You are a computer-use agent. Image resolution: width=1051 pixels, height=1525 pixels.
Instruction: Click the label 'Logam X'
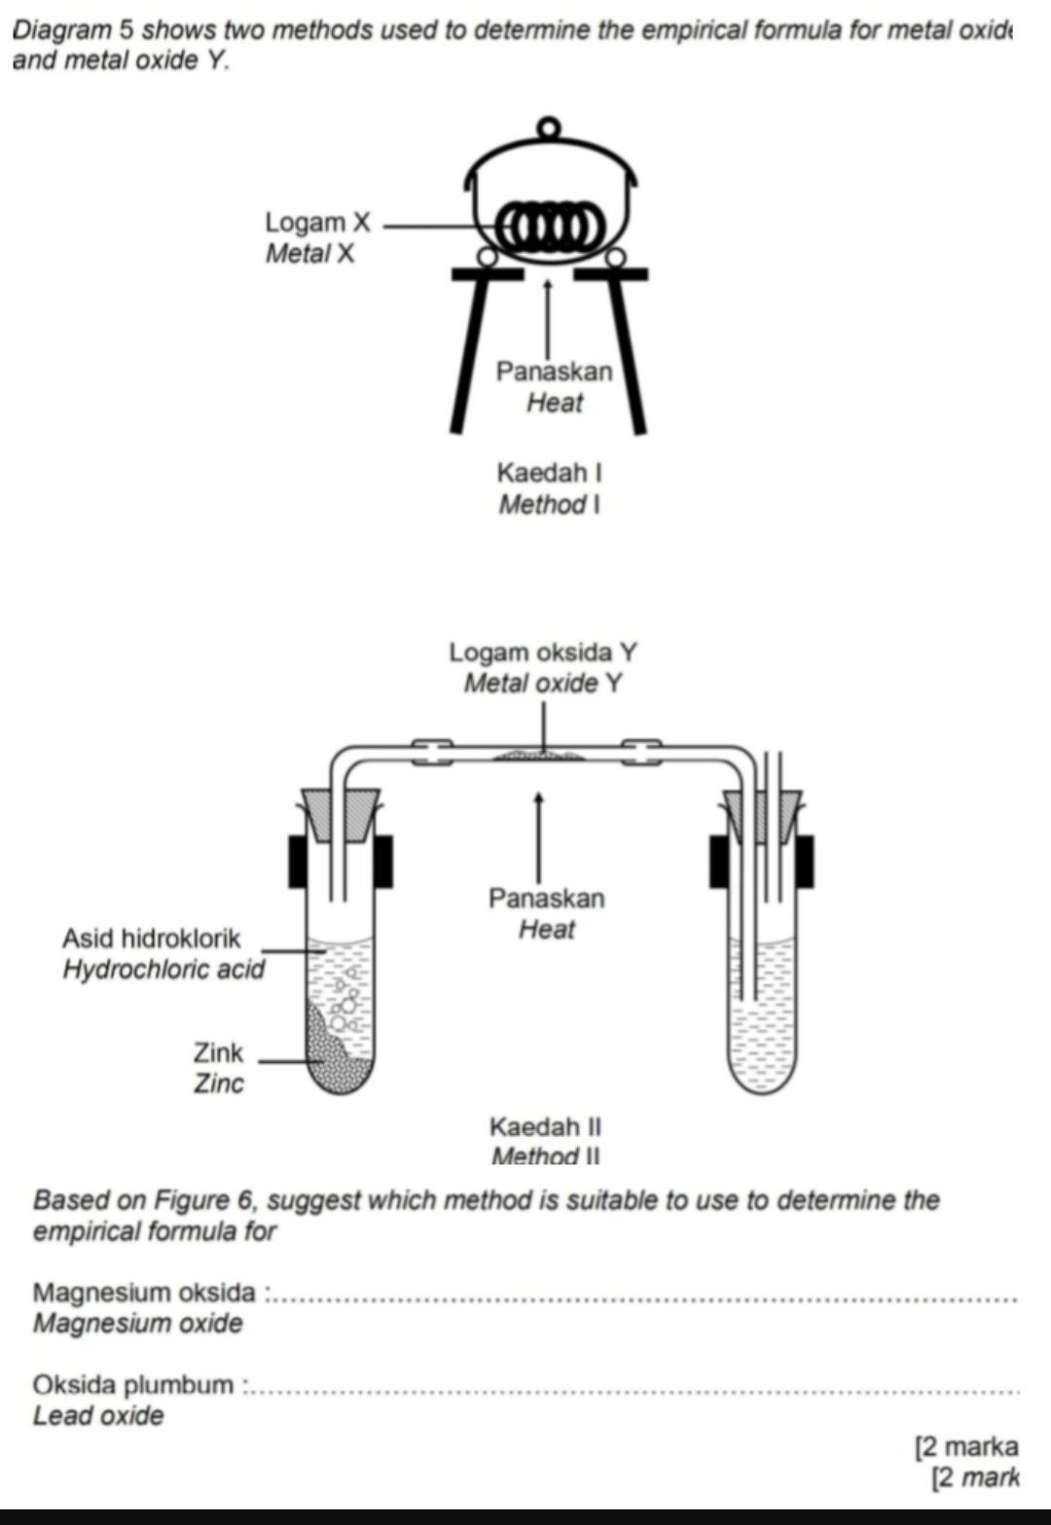click(317, 223)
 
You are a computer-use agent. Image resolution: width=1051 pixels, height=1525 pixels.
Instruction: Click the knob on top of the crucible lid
click(550, 127)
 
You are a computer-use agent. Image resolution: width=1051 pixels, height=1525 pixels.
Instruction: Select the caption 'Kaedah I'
click(549, 473)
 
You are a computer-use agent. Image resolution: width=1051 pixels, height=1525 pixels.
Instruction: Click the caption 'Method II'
click(545, 1156)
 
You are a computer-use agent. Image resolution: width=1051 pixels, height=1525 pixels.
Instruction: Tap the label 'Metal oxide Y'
click(542, 684)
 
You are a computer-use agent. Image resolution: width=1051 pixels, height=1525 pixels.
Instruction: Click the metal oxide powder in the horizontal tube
click(539, 755)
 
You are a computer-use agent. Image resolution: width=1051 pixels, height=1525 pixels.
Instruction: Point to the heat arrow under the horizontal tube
click(538, 835)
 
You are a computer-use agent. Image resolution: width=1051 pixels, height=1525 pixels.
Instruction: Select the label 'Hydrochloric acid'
click(163, 970)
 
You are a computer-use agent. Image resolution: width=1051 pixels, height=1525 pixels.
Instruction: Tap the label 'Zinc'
click(218, 1083)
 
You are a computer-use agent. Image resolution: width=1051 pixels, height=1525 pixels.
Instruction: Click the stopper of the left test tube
click(341, 813)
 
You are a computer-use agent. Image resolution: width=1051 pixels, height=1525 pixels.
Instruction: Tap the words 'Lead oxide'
click(98, 1416)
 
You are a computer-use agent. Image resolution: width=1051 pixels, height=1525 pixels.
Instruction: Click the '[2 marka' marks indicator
click(966, 1446)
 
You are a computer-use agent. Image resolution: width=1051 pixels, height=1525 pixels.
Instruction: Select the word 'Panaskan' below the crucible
click(554, 372)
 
